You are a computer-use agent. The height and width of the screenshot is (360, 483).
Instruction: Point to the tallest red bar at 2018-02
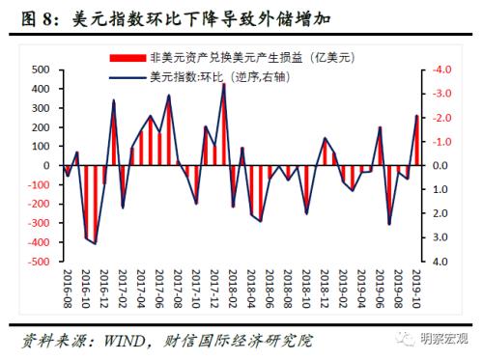224,125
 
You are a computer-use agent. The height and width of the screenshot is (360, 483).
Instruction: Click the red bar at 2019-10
416,141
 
